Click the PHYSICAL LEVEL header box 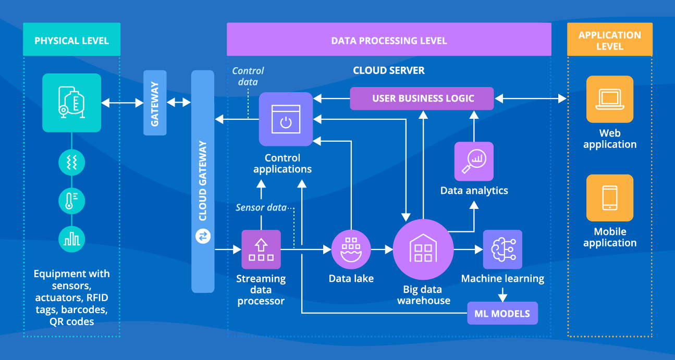coord(71,40)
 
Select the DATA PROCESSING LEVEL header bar coord(389,40)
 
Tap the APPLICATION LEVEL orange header coord(609,40)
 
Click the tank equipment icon coord(71,102)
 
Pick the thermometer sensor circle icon coord(71,201)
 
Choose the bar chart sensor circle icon coord(71,239)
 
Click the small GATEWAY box coord(155,103)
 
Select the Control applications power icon coord(286,119)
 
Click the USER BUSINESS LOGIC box coord(422,98)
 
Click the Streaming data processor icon coord(261,249)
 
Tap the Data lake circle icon coord(351,249)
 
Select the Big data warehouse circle coord(423,249)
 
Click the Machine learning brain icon coord(502,249)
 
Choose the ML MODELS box coord(502,313)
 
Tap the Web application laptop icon coord(609,99)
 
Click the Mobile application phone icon coord(609,198)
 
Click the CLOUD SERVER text coord(388,70)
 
